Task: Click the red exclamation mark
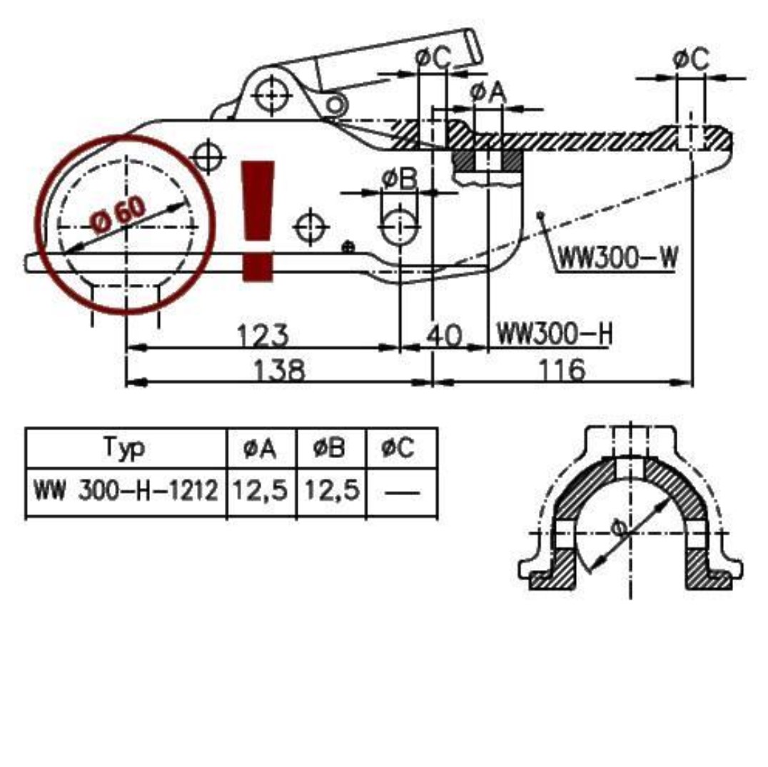pos(258,220)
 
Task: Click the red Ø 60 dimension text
pos(119,216)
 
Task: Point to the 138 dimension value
pos(280,370)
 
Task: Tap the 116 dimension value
pos(560,370)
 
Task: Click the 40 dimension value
pos(446,334)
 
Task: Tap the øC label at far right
pos(690,59)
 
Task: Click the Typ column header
pos(125,448)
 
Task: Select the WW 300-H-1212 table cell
pos(126,492)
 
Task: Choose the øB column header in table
pos(329,448)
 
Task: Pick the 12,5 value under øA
pos(261,492)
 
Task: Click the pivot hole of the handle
pos(271,91)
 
